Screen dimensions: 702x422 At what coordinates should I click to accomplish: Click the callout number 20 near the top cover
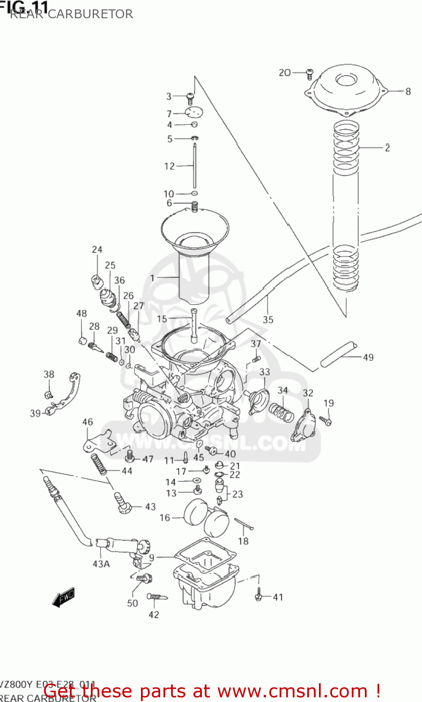click(284, 73)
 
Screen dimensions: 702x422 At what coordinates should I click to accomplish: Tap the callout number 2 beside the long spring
click(387, 148)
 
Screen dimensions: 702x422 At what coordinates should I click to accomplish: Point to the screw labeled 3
click(190, 97)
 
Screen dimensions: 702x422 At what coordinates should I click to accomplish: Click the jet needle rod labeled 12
click(194, 166)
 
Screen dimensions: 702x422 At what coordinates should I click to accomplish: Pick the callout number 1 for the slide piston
click(152, 278)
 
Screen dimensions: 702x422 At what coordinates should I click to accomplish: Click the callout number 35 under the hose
click(268, 320)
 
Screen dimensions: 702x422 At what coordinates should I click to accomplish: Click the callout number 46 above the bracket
click(88, 422)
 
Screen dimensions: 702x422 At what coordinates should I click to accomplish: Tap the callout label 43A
click(101, 564)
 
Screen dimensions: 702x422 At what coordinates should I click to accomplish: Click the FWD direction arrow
click(63, 598)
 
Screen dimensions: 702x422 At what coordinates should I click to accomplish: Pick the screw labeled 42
click(157, 597)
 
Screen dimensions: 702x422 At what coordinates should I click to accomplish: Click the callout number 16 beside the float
click(165, 518)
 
